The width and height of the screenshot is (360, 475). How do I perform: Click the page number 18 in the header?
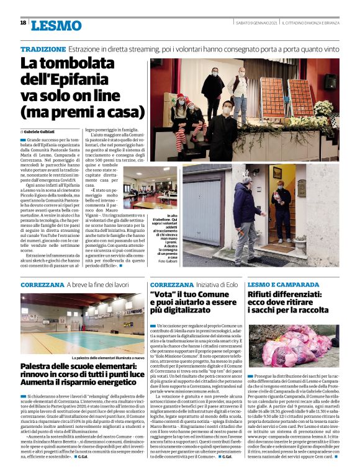[x=23, y=23]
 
